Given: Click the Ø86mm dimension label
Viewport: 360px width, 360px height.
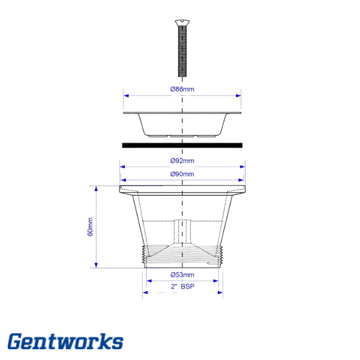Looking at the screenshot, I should [x=182, y=89].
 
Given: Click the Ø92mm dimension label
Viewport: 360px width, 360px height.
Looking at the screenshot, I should [x=182, y=161].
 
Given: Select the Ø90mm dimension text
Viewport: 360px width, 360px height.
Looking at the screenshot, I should [x=182, y=174].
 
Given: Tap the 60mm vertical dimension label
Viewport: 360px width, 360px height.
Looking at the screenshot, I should [x=90, y=227].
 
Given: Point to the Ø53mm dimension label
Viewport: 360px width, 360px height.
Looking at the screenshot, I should [x=182, y=275].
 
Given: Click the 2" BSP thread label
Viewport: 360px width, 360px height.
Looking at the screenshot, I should [x=182, y=287].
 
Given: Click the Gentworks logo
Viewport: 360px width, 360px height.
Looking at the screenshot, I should [x=65, y=342].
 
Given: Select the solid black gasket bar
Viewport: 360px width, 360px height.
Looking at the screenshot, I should [x=182, y=145].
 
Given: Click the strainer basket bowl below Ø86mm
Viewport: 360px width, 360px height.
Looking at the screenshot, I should [x=182, y=126].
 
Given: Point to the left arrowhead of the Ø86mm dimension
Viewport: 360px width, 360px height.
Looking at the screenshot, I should [x=126, y=94].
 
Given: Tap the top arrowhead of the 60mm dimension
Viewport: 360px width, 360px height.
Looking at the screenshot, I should [x=96, y=188].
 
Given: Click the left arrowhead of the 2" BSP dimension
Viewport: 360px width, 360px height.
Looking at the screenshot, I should [x=145, y=293].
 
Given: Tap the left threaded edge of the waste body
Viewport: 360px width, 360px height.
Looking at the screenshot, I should [x=142, y=255].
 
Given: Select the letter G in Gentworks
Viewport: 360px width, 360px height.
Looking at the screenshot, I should [x=17, y=342].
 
